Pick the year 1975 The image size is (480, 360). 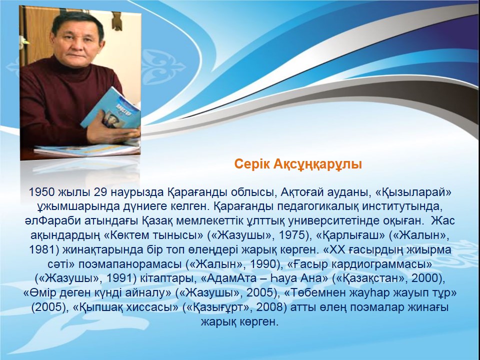click(x=292, y=235)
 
